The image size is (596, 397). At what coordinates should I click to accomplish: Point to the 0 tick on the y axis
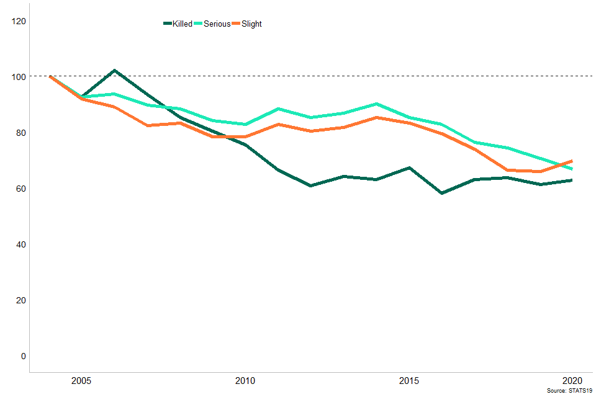point(23,356)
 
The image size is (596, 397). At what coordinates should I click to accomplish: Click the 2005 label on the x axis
point(82,380)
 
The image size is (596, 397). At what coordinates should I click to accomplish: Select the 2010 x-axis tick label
point(245,380)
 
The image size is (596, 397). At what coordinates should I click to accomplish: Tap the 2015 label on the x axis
point(409,380)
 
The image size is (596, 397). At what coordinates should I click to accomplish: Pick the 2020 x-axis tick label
point(572,380)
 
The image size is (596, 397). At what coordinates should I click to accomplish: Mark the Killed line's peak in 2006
point(115,71)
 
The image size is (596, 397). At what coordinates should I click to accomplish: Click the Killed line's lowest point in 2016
point(441,193)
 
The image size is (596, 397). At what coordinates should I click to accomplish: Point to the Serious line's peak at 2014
point(376,104)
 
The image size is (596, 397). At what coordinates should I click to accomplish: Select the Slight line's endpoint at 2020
point(572,161)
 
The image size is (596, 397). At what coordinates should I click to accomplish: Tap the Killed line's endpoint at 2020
point(572,181)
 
